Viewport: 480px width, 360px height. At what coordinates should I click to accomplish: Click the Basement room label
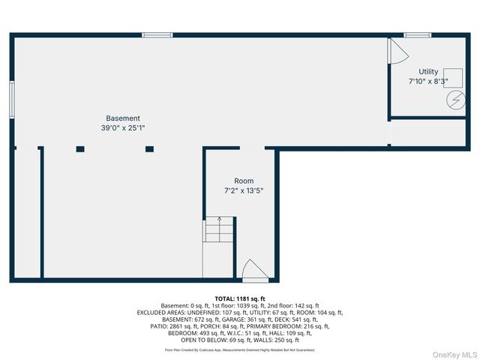point(122,118)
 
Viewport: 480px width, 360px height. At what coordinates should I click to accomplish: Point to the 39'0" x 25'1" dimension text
point(122,128)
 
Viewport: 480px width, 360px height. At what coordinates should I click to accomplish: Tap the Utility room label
point(428,72)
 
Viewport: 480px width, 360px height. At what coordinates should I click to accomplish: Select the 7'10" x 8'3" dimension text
point(428,81)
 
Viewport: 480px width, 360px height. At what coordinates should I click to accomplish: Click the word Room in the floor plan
point(244,181)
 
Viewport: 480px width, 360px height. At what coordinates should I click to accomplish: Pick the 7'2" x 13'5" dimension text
point(244,190)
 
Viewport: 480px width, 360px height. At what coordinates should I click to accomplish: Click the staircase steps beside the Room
point(219,229)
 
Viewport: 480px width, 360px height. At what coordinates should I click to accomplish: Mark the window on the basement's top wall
point(157,34)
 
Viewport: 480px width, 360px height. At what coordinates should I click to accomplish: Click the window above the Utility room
point(417,34)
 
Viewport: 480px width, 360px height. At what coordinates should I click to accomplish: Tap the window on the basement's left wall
point(12,98)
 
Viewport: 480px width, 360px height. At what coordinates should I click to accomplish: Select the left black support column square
point(80,149)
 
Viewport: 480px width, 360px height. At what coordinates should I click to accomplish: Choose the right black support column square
point(149,149)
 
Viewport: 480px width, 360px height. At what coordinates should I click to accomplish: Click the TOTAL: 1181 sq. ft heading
point(240,298)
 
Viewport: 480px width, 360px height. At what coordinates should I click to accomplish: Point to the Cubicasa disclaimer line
point(240,350)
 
